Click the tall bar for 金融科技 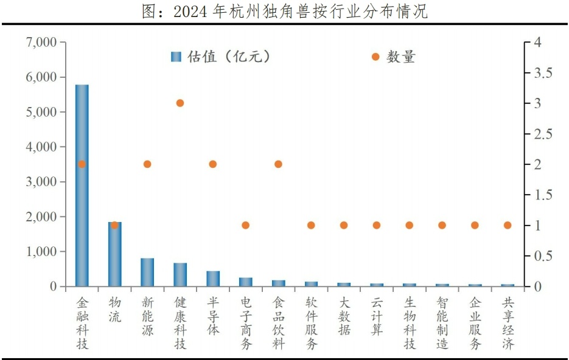[x=82, y=185]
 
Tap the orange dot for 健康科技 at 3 [x=180, y=103]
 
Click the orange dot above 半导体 [x=213, y=164]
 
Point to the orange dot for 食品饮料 [x=278, y=164]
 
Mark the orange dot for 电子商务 [x=245, y=225]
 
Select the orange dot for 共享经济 [x=508, y=225]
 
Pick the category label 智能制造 [x=442, y=323]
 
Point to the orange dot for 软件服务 [x=311, y=225]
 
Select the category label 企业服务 [x=475, y=323]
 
